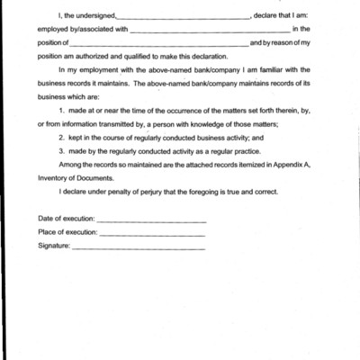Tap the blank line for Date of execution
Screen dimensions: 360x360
pyautogui.click(x=151, y=220)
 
